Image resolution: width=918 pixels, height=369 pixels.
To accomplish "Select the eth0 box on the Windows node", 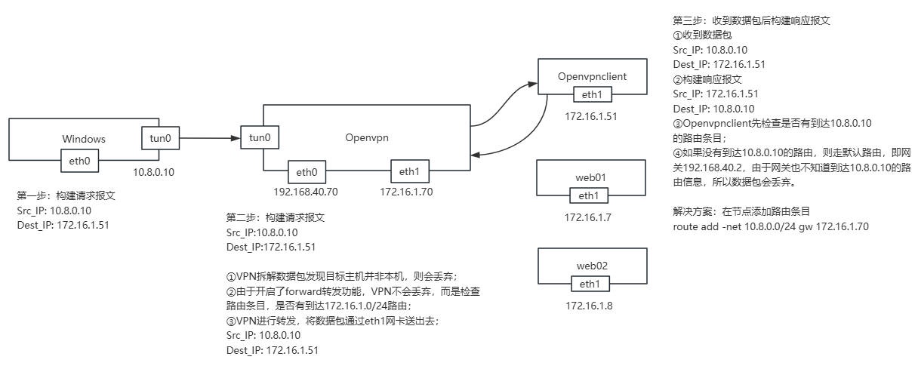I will (x=80, y=160).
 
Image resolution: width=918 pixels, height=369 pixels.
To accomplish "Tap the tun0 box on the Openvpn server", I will (x=260, y=139).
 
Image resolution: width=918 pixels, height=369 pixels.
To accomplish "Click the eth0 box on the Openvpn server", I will (x=307, y=171).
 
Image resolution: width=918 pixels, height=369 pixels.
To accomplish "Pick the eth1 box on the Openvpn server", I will (x=408, y=171).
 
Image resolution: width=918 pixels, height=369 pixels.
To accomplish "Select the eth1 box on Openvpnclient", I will (x=592, y=94).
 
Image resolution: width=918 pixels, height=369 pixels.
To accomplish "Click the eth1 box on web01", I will (x=592, y=196).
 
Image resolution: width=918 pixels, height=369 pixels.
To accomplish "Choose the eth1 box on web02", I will (x=592, y=284).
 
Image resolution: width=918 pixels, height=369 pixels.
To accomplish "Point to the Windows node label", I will (x=84, y=139).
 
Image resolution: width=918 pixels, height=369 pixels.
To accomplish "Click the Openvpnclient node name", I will (x=592, y=77).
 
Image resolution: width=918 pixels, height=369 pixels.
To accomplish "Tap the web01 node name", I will (x=592, y=179).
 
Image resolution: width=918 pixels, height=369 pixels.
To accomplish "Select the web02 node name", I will (x=592, y=266).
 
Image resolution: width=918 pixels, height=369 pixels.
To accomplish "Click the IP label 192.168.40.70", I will (x=306, y=192).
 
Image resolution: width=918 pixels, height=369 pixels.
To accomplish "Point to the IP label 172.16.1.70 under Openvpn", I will (x=408, y=192).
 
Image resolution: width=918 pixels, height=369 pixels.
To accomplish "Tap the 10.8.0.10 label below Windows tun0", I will (x=153, y=172).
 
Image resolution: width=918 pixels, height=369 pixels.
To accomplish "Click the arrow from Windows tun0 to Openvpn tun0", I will (x=205, y=139).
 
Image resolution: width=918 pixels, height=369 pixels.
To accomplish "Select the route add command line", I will (x=770, y=226).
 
